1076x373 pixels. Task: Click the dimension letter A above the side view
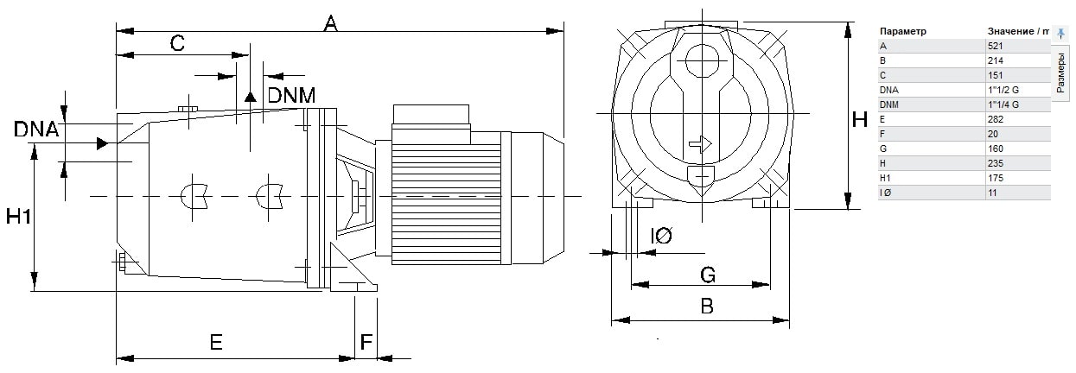[x=329, y=22]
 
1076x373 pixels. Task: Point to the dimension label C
[x=177, y=43]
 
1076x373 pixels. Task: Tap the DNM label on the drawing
[x=290, y=95]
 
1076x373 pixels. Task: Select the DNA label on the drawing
[x=36, y=130]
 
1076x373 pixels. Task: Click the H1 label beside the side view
[x=18, y=217]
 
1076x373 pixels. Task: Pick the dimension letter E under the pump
[x=216, y=343]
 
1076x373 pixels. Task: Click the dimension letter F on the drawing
[x=366, y=343]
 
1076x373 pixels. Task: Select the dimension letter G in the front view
[x=707, y=275]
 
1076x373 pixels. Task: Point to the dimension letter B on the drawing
[x=707, y=306]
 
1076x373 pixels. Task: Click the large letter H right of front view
[x=859, y=120]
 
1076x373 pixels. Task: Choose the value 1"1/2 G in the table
[x=1003, y=90]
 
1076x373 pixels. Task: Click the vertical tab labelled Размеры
[x=1061, y=73]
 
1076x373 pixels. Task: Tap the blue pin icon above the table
[x=1061, y=33]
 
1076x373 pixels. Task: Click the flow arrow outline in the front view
[x=700, y=144]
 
